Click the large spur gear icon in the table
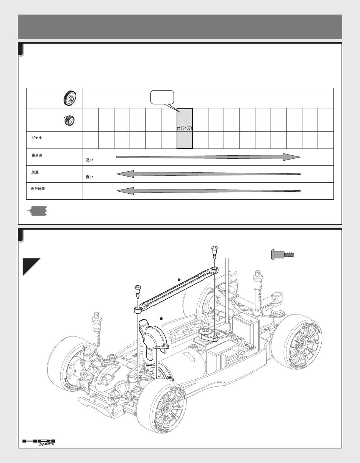click(x=70, y=98)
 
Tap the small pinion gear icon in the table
click(x=69, y=120)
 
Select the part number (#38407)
click(x=185, y=128)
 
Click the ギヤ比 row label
click(x=37, y=138)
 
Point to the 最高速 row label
click(x=37, y=155)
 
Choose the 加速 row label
click(x=35, y=172)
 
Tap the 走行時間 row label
click(x=38, y=189)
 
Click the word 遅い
click(x=89, y=160)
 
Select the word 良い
click(x=89, y=177)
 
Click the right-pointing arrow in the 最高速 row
click(x=208, y=157)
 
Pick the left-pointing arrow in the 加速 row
click(x=208, y=174)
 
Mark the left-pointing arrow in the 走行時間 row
click(x=208, y=191)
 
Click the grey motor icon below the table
click(x=37, y=211)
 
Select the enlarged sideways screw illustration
click(x=282, y=254)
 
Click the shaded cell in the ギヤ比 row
click(x=185, y=140)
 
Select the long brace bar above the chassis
click(x=176, y=290)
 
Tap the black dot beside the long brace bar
click(x=179, y=280)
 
